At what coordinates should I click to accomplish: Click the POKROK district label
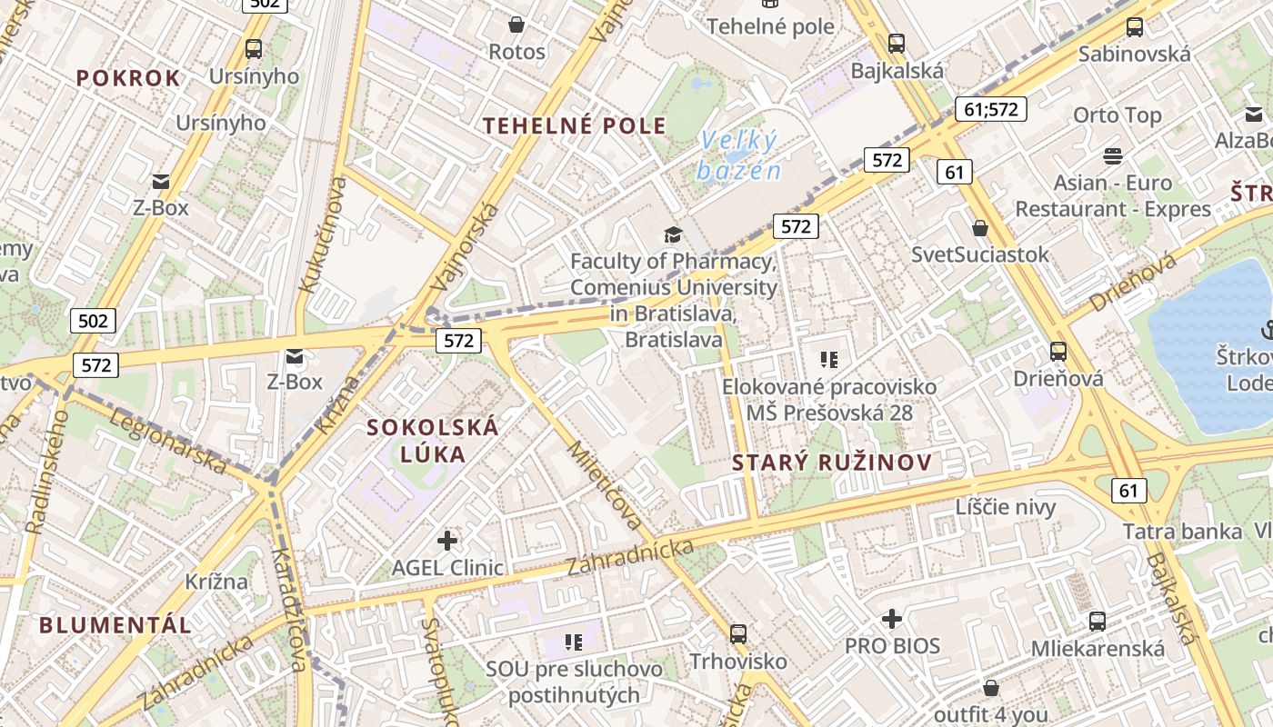[128, 78]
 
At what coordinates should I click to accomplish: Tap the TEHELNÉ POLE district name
[575, 125]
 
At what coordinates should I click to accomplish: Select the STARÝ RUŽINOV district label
[832, 463]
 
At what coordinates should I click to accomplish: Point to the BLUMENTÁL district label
[115, 625]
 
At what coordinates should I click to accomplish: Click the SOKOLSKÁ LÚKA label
[433, 441]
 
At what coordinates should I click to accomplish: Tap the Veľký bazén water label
[739, 155]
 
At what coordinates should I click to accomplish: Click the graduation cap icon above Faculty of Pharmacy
[673, 235]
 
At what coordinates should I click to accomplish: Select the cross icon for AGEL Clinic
[447, 542]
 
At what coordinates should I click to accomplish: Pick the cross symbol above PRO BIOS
[892, 620]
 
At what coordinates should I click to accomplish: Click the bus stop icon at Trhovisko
[738, 633]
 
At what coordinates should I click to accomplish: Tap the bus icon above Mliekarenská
[1098, 622]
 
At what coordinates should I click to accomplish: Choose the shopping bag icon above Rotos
[516, 25]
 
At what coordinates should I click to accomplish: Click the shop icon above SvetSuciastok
[980, 228]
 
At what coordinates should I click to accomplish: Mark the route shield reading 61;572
[991, 110]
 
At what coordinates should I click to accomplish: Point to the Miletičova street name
[605, 485]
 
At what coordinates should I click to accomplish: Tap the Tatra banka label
[1182, 532]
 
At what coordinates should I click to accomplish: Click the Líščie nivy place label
[1006, 506]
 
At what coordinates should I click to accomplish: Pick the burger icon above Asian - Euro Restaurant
[1113, 155]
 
